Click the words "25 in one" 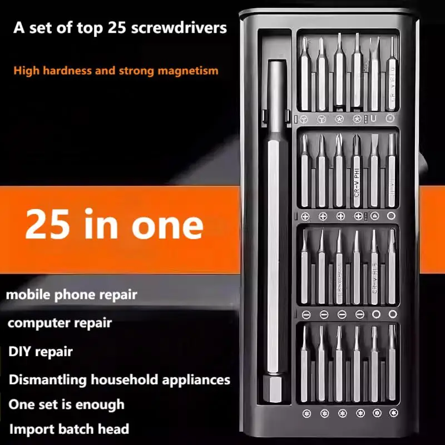(114, 224)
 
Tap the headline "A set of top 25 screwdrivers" (120, 28)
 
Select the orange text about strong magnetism (116, 71)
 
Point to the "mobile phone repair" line (71, 294)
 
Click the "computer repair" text (60, 323)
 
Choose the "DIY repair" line (40, 352)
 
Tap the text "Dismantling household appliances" (119, 380)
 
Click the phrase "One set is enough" (66, 404)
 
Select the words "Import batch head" (68, 429)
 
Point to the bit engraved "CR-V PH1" (357, 172)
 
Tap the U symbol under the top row (374, 118)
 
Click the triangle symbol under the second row (374, 216)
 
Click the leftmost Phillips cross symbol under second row (305, 216)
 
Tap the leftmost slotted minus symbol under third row (305, 314)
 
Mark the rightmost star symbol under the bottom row (392, 413)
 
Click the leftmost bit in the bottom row (304, 364)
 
